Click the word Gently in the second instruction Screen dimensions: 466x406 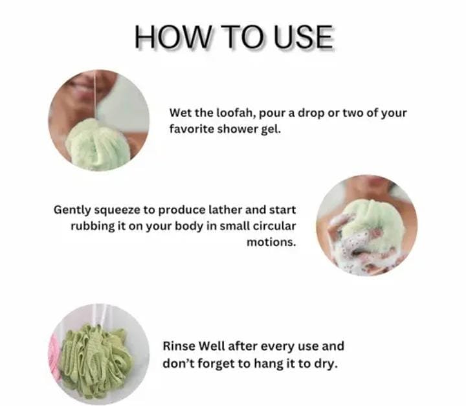(72, 210)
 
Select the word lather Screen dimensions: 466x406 (225, 210)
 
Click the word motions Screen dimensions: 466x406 (271, 242)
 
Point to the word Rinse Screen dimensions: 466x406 (179, 346)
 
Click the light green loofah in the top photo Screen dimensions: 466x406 (98, 145)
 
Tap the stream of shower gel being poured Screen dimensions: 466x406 (94, 95)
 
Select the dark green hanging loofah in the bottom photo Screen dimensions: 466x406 (95, 361)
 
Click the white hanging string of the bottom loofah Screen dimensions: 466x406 (102, 315)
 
